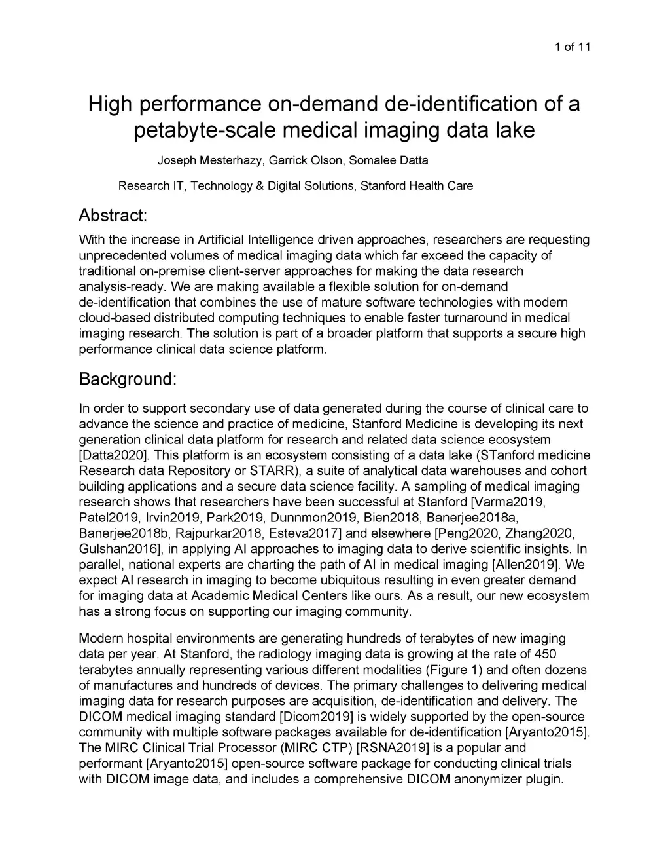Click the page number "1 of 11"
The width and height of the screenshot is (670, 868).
(x=572, y=47)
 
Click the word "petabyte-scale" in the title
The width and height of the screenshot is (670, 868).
(x=205, y=130)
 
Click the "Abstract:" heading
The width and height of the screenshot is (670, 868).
(x=113, y=215)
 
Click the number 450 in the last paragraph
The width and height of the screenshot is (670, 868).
(x=545, y=654)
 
